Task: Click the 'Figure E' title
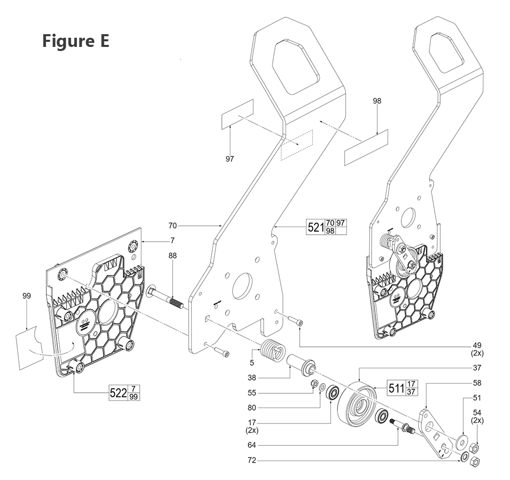pos(75,40)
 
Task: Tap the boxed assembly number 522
pos(118,393)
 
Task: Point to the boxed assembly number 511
pos(396,388)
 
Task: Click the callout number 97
pos(229,159)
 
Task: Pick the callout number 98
pos(377,101)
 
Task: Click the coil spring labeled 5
pos(270,350)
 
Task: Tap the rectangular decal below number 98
pos(366,147)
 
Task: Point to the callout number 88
pos(173,256)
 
